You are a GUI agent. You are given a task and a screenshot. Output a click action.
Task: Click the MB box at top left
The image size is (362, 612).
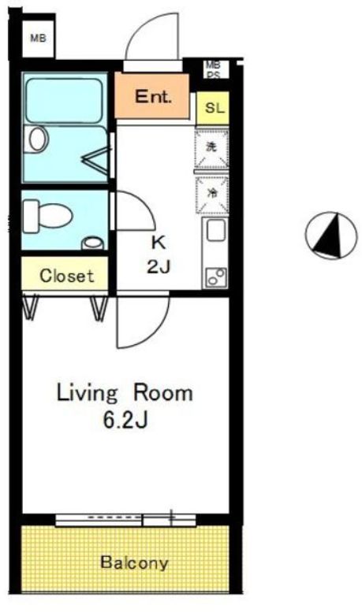click(38, 37)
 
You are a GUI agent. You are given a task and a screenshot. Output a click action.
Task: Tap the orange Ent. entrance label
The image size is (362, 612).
click(153, 97)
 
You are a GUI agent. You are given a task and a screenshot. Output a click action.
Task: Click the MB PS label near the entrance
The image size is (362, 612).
click(213, 69)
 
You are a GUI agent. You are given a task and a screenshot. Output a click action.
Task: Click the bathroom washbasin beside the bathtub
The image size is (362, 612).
click(36, 139)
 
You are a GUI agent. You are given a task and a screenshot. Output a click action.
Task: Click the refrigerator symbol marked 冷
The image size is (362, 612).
click(211, 194)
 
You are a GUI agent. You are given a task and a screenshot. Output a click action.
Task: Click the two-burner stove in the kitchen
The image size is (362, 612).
click(214, 276)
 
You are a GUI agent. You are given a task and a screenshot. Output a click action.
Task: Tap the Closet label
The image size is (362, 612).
click(67, 276)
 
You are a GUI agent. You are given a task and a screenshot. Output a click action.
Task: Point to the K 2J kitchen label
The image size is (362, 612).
click(159, 254)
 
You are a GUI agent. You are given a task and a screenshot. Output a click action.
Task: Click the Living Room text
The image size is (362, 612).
click(124, 393)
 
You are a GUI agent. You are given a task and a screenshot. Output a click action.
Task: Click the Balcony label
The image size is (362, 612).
click(134, 563)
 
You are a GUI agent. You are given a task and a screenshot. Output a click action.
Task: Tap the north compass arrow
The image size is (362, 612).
click(328, 236)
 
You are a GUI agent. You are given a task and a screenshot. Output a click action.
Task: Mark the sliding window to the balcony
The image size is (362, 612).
click(126, 518)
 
